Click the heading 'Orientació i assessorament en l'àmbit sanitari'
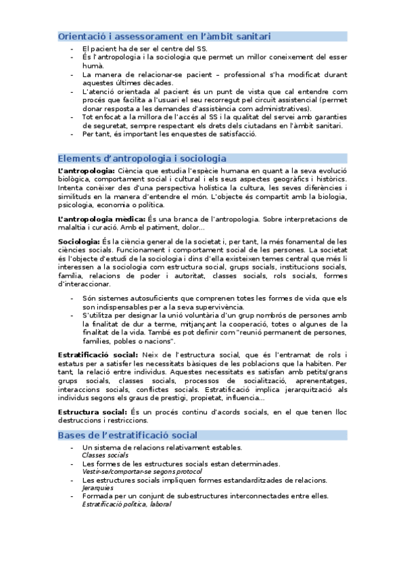[165, 35]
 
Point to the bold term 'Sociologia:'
[78, 242]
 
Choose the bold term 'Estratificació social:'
[98, 355]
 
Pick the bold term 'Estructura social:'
[92, 412]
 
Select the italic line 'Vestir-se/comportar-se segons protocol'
[142, 472]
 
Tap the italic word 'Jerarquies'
[97, 488]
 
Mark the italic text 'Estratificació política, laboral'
[126, 504]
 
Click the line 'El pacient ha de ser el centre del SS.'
[145, 49]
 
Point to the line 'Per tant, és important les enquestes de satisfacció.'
[169, 133]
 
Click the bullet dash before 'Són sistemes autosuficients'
[72, 299]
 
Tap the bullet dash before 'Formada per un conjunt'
[72, 496]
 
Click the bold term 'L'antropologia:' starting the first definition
[87, 171]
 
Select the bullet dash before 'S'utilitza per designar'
[72, 315]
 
